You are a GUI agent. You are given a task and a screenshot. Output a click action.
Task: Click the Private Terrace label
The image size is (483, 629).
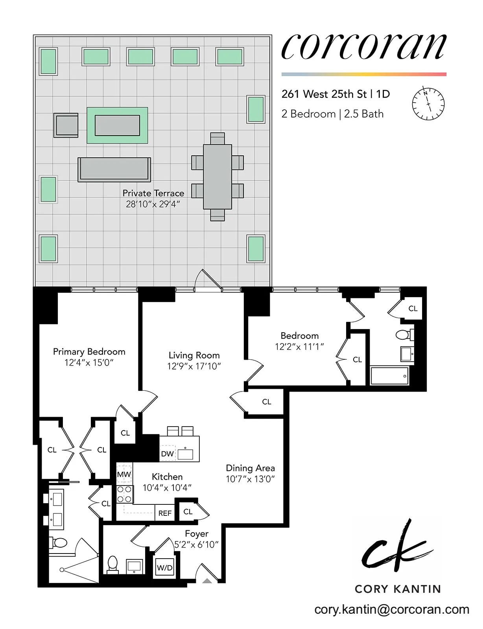click(153, 193)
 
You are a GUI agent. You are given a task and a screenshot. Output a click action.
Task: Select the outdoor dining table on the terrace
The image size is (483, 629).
click(217, 177)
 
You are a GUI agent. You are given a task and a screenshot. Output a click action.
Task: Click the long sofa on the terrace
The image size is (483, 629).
click(114, 169)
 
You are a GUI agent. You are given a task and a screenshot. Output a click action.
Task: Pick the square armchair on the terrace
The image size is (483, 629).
click(66, 125)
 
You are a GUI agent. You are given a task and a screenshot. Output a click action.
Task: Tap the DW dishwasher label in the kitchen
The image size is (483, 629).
click(167, 454)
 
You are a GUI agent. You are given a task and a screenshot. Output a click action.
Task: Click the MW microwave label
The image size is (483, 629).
click(124, 475)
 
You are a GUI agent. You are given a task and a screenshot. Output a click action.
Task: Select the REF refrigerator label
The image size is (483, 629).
click(165, 513)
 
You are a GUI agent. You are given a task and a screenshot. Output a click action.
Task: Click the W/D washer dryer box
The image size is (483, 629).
click(164, 567)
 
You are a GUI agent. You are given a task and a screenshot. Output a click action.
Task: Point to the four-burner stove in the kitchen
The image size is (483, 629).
click(124, 495)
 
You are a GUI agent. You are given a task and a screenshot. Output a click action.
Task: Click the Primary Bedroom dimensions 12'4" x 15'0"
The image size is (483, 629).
click(89, 362)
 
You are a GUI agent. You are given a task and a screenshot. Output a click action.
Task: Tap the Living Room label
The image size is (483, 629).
click(194, 355)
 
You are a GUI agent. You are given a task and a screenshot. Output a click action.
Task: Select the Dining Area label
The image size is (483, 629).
click(250, 468)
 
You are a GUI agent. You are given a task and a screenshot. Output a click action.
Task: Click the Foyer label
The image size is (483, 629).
click(197, 534)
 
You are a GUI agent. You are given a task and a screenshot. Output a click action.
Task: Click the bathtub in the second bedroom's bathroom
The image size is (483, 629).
click(389, 375)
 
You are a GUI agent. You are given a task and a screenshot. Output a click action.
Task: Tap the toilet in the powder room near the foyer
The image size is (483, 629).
click(112, 565)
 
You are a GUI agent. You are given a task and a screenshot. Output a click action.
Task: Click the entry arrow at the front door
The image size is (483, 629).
click(207, 580)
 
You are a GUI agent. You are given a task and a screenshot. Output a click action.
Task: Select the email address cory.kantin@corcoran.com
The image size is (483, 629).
click(392, 609)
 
